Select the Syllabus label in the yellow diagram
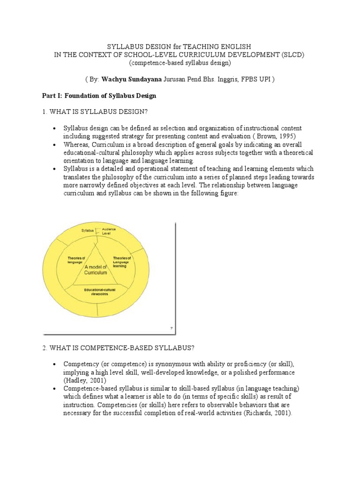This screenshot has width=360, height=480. [x=88, y=231]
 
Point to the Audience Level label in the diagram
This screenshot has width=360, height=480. [x=109, y=231]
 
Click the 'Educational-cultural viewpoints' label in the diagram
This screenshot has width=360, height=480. [x=100, y=292]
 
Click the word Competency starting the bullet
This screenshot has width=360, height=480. [x=81, y=364]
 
